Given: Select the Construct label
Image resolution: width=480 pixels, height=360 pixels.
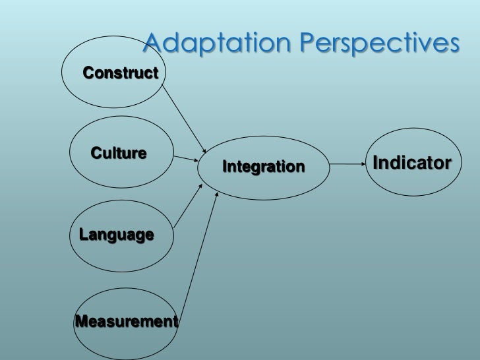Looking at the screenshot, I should (x=121, y=73).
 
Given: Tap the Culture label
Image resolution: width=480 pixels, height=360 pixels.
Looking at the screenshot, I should (x=119, y=154).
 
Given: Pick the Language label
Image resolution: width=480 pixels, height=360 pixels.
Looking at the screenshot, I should (x=117, y=234).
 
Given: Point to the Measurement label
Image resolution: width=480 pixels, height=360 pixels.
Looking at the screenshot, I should (x=126, y=322).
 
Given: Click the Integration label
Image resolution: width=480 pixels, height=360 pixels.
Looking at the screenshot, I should (x=264, y=167).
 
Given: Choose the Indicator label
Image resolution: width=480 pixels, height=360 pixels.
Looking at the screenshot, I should (x=412, y=162).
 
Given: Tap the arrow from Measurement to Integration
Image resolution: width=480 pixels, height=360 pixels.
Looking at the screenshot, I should (x=198, y=257).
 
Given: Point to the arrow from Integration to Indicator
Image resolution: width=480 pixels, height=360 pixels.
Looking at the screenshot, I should (x=346, y=164).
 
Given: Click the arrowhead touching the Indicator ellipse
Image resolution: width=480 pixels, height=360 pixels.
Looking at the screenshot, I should (x=362, y=164).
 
